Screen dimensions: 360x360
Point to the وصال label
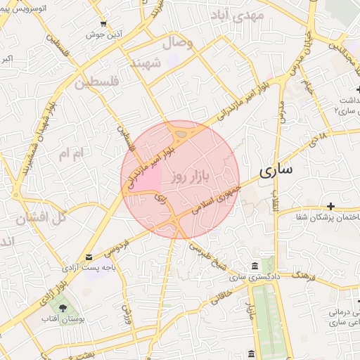coord(179,44)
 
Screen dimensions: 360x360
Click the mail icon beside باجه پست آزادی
coord(88,257)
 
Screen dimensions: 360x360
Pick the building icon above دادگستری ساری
coord(254,266)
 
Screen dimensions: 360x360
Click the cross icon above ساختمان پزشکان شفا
coord(330,207)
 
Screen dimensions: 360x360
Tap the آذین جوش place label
coord(105,34)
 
